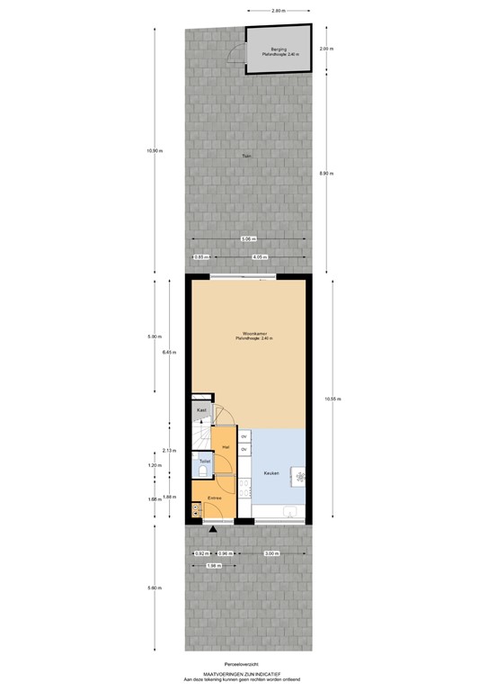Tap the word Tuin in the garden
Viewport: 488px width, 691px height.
point(245,157)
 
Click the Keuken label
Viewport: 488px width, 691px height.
point(271,473)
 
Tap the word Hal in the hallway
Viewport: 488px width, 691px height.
point(226,446)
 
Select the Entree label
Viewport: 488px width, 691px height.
point(215,498)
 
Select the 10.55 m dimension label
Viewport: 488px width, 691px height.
point(333,399)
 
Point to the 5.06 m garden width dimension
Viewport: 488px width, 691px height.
point(248,238)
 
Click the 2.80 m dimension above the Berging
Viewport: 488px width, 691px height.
point(278,10)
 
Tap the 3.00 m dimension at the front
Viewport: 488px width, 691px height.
point(271,552)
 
